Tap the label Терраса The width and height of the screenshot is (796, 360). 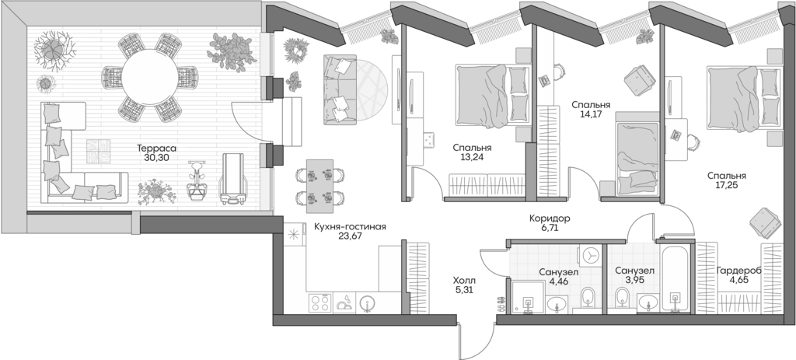(156, 147)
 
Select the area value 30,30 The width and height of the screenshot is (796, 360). (156, 157)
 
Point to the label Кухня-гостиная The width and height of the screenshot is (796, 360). (350, 227)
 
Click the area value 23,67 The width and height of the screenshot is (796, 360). (350, 238)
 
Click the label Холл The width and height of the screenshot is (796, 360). (464, 281)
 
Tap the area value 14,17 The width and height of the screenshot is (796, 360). (590, 114)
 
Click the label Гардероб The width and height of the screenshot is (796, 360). (739, 270)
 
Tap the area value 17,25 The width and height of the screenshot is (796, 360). (727, 187)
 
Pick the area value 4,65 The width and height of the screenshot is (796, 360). (739, 281)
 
